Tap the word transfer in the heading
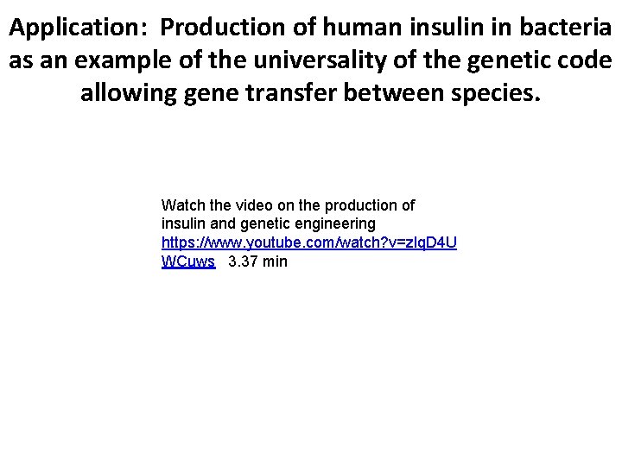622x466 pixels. tap(290, 92)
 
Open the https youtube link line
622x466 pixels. tap(309, 242)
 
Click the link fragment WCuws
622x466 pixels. tap(187, 261)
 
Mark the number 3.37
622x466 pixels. tap(242, 261)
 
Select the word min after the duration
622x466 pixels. tap(275, 261)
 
